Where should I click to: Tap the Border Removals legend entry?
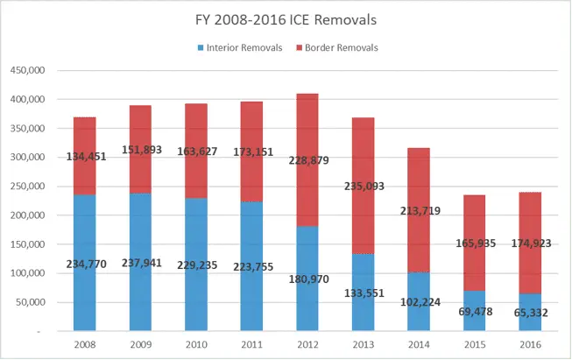[340, 47]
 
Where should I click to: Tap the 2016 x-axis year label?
[531, 344]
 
